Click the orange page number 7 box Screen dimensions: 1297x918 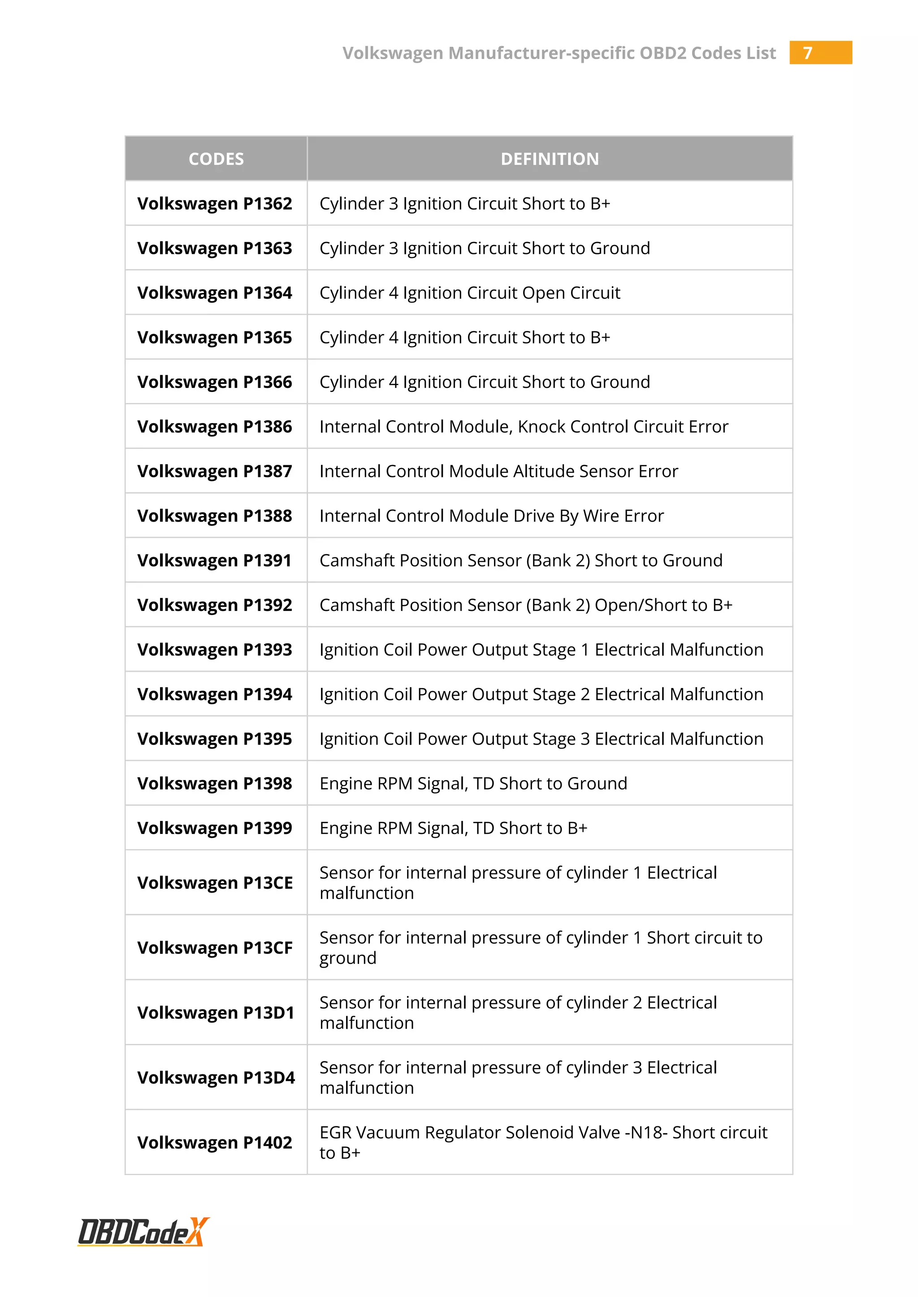pos(820,52)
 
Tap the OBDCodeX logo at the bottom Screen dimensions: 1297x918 pos(143,1232)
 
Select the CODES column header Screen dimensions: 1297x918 pos(216,159)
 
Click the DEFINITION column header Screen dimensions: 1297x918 pos(550,159)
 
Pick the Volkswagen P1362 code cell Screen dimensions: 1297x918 pos(215,203)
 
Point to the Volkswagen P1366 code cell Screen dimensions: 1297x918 pos(215,382)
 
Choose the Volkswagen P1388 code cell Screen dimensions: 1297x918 pos(215,516)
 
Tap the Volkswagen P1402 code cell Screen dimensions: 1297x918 pos(215,1142)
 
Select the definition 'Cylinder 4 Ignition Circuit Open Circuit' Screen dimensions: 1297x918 pos(470,292)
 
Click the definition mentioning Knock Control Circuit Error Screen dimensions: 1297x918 pos(524,426)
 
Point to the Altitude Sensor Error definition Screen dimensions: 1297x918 pos(498,471)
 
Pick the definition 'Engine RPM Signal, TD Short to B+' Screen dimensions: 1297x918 pos(453,828)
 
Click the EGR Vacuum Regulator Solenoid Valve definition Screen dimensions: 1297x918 pos(543,1142)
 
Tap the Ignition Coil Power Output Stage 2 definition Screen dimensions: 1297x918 pos(541,694)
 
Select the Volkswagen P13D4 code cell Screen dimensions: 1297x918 pos(216,1077)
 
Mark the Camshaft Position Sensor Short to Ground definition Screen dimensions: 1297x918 pos(520,560)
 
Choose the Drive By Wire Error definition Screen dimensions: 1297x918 pos(491,516)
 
